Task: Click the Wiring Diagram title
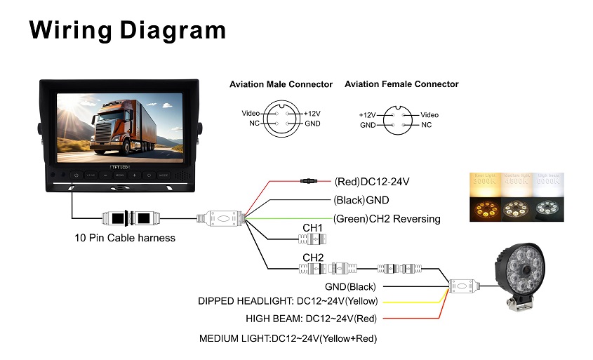[x=127, y=30]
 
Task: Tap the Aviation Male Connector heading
[x=281, y=84]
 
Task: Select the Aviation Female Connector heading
[x=401, y=84]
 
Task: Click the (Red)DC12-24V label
[x=371, y=182]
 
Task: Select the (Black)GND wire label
[x=361, y=200]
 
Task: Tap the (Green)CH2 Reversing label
[x=387, y=219]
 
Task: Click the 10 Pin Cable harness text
[x=125, y=238]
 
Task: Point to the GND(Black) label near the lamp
[x=350, y=286]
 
